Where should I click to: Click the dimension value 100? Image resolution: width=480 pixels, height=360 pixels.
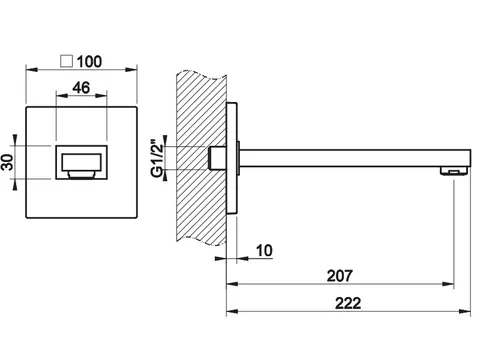89,62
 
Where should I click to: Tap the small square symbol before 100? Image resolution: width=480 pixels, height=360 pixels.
67,61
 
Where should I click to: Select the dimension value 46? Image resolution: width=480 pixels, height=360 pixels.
81,88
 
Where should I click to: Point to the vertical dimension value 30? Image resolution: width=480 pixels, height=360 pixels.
7,162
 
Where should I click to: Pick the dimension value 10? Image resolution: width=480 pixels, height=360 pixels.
264,250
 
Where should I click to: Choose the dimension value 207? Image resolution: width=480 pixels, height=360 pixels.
339,276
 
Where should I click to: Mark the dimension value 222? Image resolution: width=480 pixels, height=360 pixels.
348,303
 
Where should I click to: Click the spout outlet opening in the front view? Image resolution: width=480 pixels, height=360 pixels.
81,162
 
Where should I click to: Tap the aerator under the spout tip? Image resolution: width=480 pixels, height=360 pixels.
454,171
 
